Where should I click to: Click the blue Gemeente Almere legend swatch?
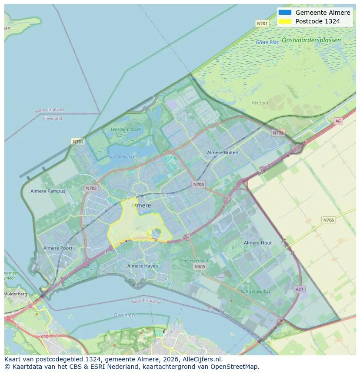pyautogui.click(x=284, y=13)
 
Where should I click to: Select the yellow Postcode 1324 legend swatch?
pyautogui.click(x=284, y=21)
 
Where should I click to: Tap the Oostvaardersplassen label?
pyautogui.click(x=311, y=40)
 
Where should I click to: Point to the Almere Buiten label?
pyautogui.click(x=223, y=152)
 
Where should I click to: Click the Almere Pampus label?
pyautogui.click(x=48, y=191)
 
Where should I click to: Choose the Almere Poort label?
pyautogui.click(x=58, y=248)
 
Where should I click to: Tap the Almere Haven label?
pyautogui.click(x=143, y=266)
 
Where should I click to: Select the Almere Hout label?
pyautogui.click(x=258, y=243)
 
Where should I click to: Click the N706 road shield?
pyautogui.click(x=329, y=220)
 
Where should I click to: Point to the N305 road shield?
pyautogui.click(x=200, y=267)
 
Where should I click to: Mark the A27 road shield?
pyautogui.click(x=300, y=289)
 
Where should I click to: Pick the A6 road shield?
pyautogui.click(x=338, y=121)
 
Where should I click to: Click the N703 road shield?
pyautogui.click(x=198, y=185)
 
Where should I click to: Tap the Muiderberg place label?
pyautogui.click(x=15, y=294)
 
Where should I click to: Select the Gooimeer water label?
pyautogui.click(x=125, y=315)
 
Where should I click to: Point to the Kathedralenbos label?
pyautogui.click(x=256, y=291)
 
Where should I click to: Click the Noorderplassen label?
pyautogui.click(x=122, y=156)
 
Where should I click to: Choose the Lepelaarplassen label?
pyautogui.click(x=126, y=129)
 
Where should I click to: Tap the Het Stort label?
pyautogui.click(x=260, y=103)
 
